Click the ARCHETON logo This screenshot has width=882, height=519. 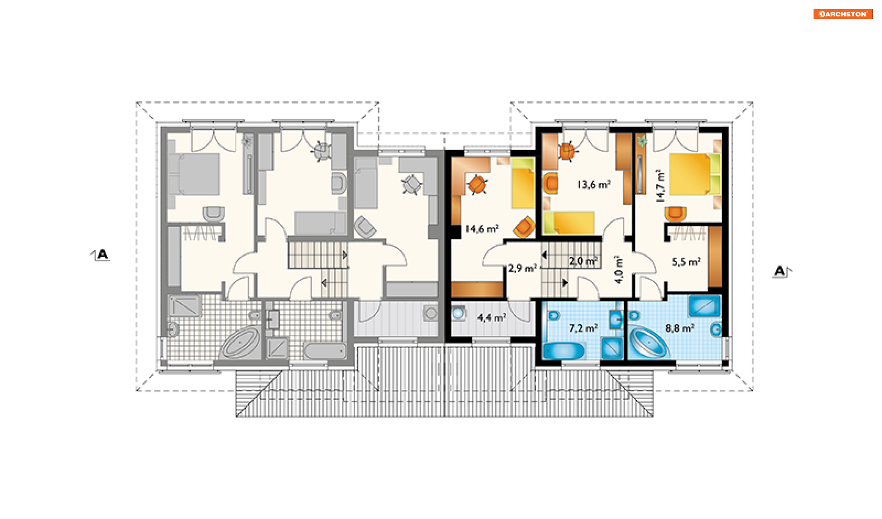pos(842,14)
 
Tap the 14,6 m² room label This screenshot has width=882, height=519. pos(482,228)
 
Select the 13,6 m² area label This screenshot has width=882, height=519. pos(594,184)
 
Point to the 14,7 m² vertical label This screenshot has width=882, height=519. pos(660,186)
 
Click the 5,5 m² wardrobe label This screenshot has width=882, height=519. pos(686,262)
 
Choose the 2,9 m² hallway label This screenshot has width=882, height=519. pos(522,268)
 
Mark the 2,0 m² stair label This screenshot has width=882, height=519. pos(583,261)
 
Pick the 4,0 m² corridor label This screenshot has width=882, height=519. pos(619,270)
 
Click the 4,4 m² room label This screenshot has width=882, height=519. pos(492,317)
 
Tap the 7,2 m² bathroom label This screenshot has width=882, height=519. pos(583,328)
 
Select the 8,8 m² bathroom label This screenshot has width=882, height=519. pos(680,328)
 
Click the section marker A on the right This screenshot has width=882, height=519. pos(780,271)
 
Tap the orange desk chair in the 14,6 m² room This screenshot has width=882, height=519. pos(477,185)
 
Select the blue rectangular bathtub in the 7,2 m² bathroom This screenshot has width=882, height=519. pos(564,351)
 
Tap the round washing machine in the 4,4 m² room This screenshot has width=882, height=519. pos(458,314)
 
